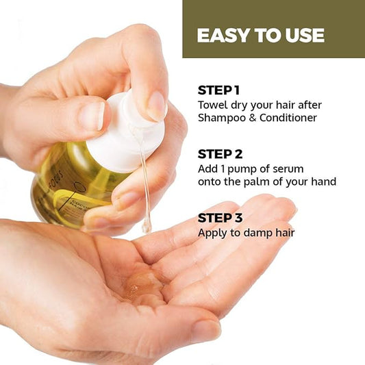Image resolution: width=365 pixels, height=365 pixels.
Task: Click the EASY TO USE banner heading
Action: [x=260, y=36]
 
